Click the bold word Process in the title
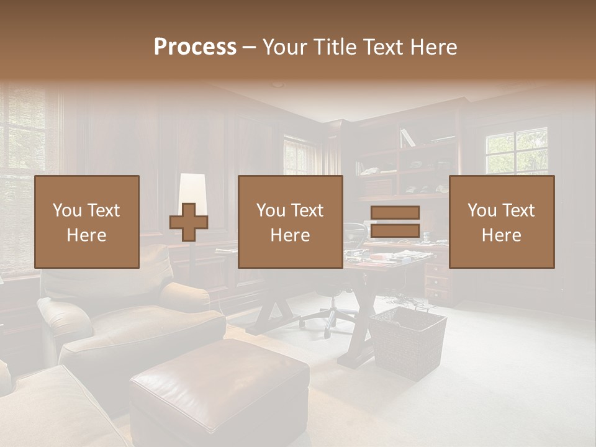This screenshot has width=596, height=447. point(195,47)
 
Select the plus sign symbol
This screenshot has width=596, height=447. point(189,222)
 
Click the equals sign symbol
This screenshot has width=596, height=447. point(395,222)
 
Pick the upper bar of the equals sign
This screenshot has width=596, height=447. point(395,212)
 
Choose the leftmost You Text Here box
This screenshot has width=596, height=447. point(87,222)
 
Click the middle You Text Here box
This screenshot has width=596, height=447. point(291,222)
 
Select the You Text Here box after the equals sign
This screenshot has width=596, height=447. point(502,222)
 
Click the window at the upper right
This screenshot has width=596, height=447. point(517,151)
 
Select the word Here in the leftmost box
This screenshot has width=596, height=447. point(86,235)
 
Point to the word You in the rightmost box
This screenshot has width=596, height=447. point(482,210)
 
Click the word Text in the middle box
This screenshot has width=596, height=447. point(306,210)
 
